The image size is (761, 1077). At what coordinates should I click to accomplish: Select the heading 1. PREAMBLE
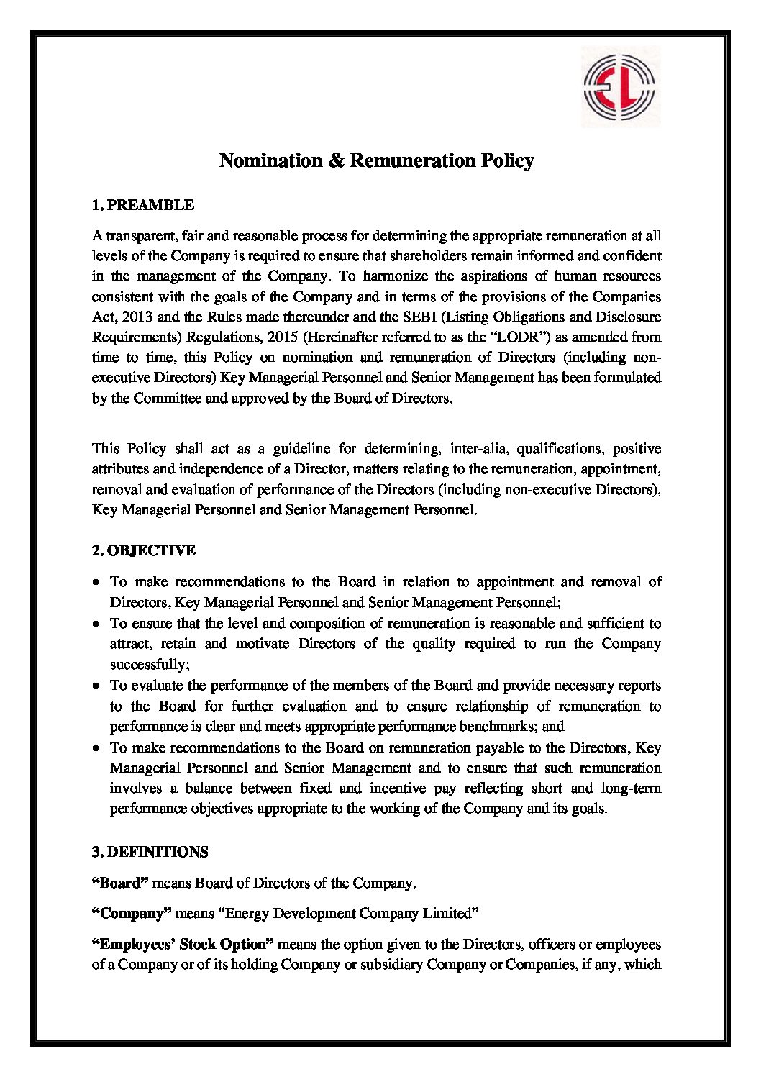tap(143, 205)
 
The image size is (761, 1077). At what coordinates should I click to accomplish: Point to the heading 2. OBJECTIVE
tap(143, 551)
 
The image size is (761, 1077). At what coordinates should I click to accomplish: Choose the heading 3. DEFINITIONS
tap(150, 852)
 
